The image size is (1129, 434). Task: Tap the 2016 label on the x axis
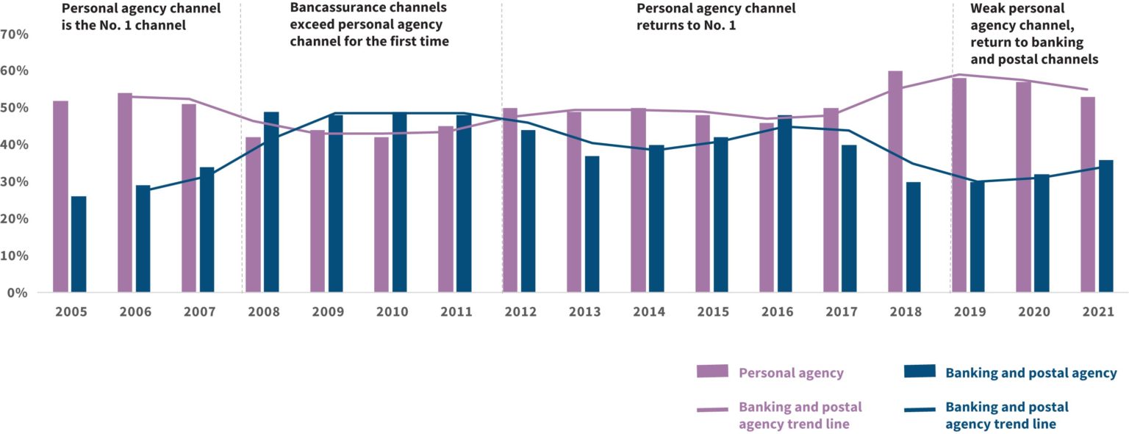tap(778, 312)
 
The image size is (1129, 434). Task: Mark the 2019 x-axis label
tap(970, 312)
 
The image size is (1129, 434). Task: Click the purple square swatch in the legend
tap(712, 372)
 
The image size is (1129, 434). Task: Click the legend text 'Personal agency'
tap(791, 373)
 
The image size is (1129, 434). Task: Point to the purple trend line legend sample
tap(712, 410)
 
